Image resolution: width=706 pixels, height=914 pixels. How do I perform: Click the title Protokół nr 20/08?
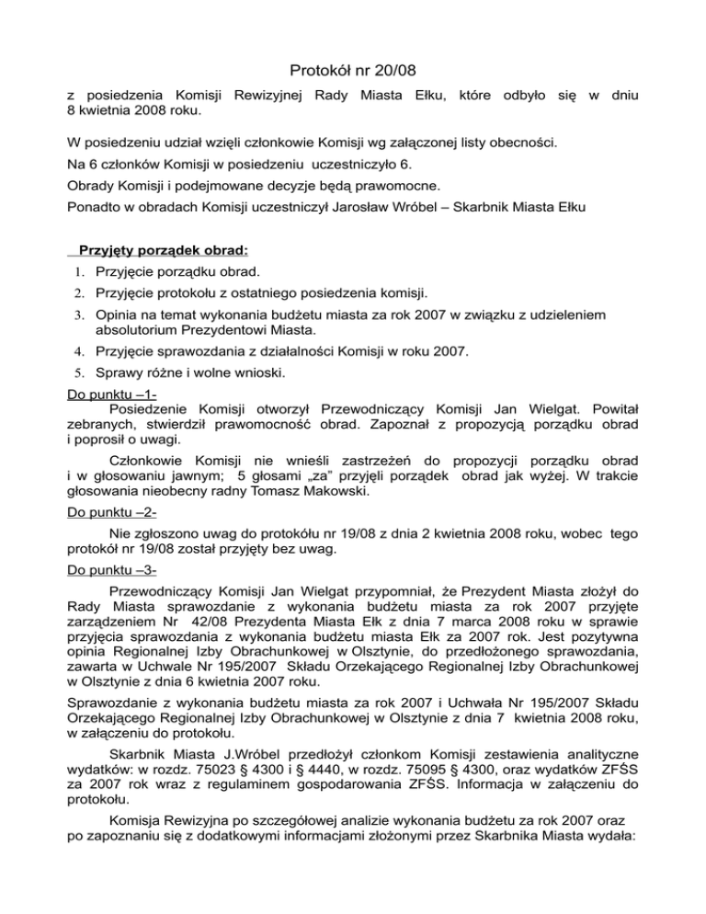353,69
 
